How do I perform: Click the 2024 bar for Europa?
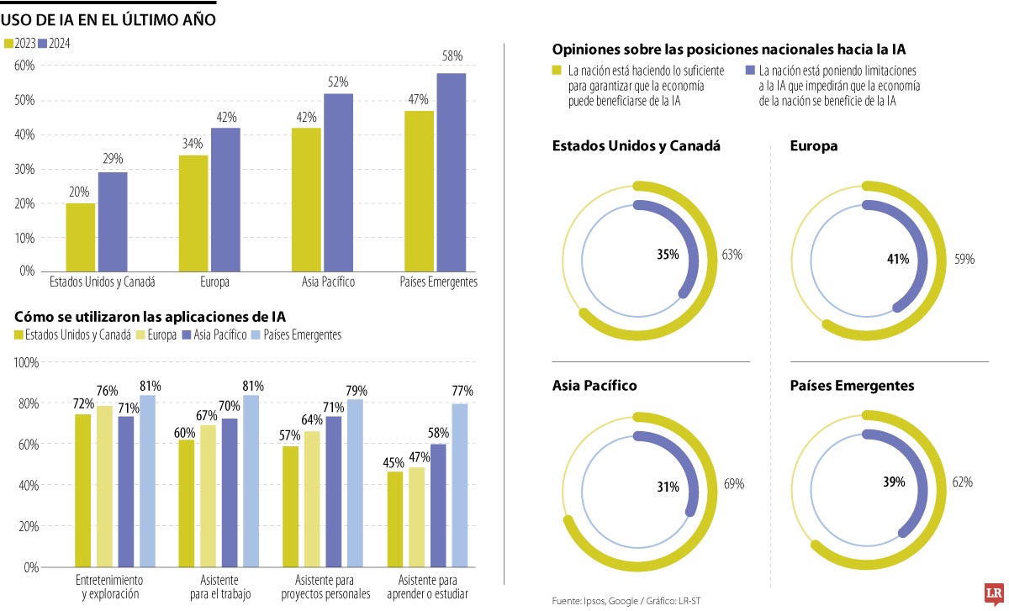(225, 199)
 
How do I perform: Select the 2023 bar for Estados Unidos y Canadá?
(82, 237)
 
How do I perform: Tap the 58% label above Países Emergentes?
(452, 56)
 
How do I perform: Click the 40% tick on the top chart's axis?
(24, 134)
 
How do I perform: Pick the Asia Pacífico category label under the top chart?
(328, 282)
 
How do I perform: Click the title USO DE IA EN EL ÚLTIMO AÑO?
(108, 18)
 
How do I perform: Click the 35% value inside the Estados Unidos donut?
(668, 255)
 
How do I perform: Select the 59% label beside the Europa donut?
(964, 260)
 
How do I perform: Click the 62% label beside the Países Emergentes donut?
(962, 482)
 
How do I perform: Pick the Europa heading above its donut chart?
(814, 146)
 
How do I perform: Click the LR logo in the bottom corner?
(996, 593)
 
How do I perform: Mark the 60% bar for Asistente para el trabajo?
(186, 503)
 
